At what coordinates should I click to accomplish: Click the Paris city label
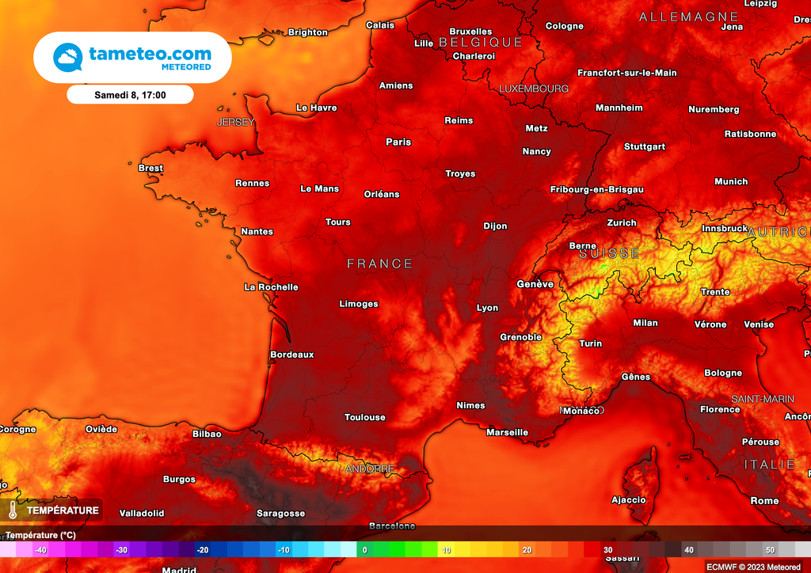tap(398, 142)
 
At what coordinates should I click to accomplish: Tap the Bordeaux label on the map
tap(292, 355)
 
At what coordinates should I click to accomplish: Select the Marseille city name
tap(507, 432)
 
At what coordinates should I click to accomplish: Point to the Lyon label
tap(488, 308)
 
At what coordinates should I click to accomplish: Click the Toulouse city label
tap(365, 417)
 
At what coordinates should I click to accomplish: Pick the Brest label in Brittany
tap(150, 168)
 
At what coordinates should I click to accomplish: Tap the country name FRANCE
tap(380, 264)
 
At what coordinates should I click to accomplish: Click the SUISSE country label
tap(609, 253)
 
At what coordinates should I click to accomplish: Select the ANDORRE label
tap(370, 469)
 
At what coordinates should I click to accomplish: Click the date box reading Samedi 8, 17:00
tap(130, 94)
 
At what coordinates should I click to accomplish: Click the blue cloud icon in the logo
tap(68, 58)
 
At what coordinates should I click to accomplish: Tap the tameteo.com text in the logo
tap(150, 54)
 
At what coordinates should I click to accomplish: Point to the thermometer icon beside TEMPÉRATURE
tap(13, 510)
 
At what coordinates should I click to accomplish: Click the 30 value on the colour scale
tap(607, 550)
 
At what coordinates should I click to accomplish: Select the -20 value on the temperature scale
tap(203, 550)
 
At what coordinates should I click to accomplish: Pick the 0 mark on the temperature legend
tap(364, 550)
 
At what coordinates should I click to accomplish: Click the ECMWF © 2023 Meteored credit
tap(753, 566)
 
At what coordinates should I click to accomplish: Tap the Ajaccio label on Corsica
tap(629, 499)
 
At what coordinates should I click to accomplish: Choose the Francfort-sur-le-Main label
tap(627, 73)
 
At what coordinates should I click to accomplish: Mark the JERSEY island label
tap(236, 122)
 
